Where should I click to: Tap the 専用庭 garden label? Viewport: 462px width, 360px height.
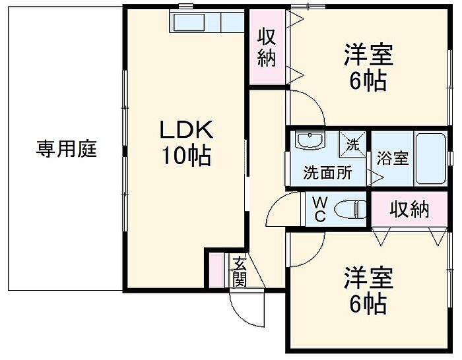coord(66,149)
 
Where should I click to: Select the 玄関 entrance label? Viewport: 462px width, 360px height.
coord(239,271)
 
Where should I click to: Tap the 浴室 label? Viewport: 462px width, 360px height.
coord(393,159)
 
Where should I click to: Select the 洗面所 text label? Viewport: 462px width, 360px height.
coord(327,173)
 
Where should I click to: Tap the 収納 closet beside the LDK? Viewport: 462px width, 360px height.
coord(267,47)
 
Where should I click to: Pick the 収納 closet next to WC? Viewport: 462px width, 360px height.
coord(409,210)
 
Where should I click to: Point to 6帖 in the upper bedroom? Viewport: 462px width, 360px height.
coord(368,82)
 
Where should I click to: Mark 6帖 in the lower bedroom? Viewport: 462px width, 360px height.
coord(368,305)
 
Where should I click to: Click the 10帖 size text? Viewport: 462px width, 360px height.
coord(185,156)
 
